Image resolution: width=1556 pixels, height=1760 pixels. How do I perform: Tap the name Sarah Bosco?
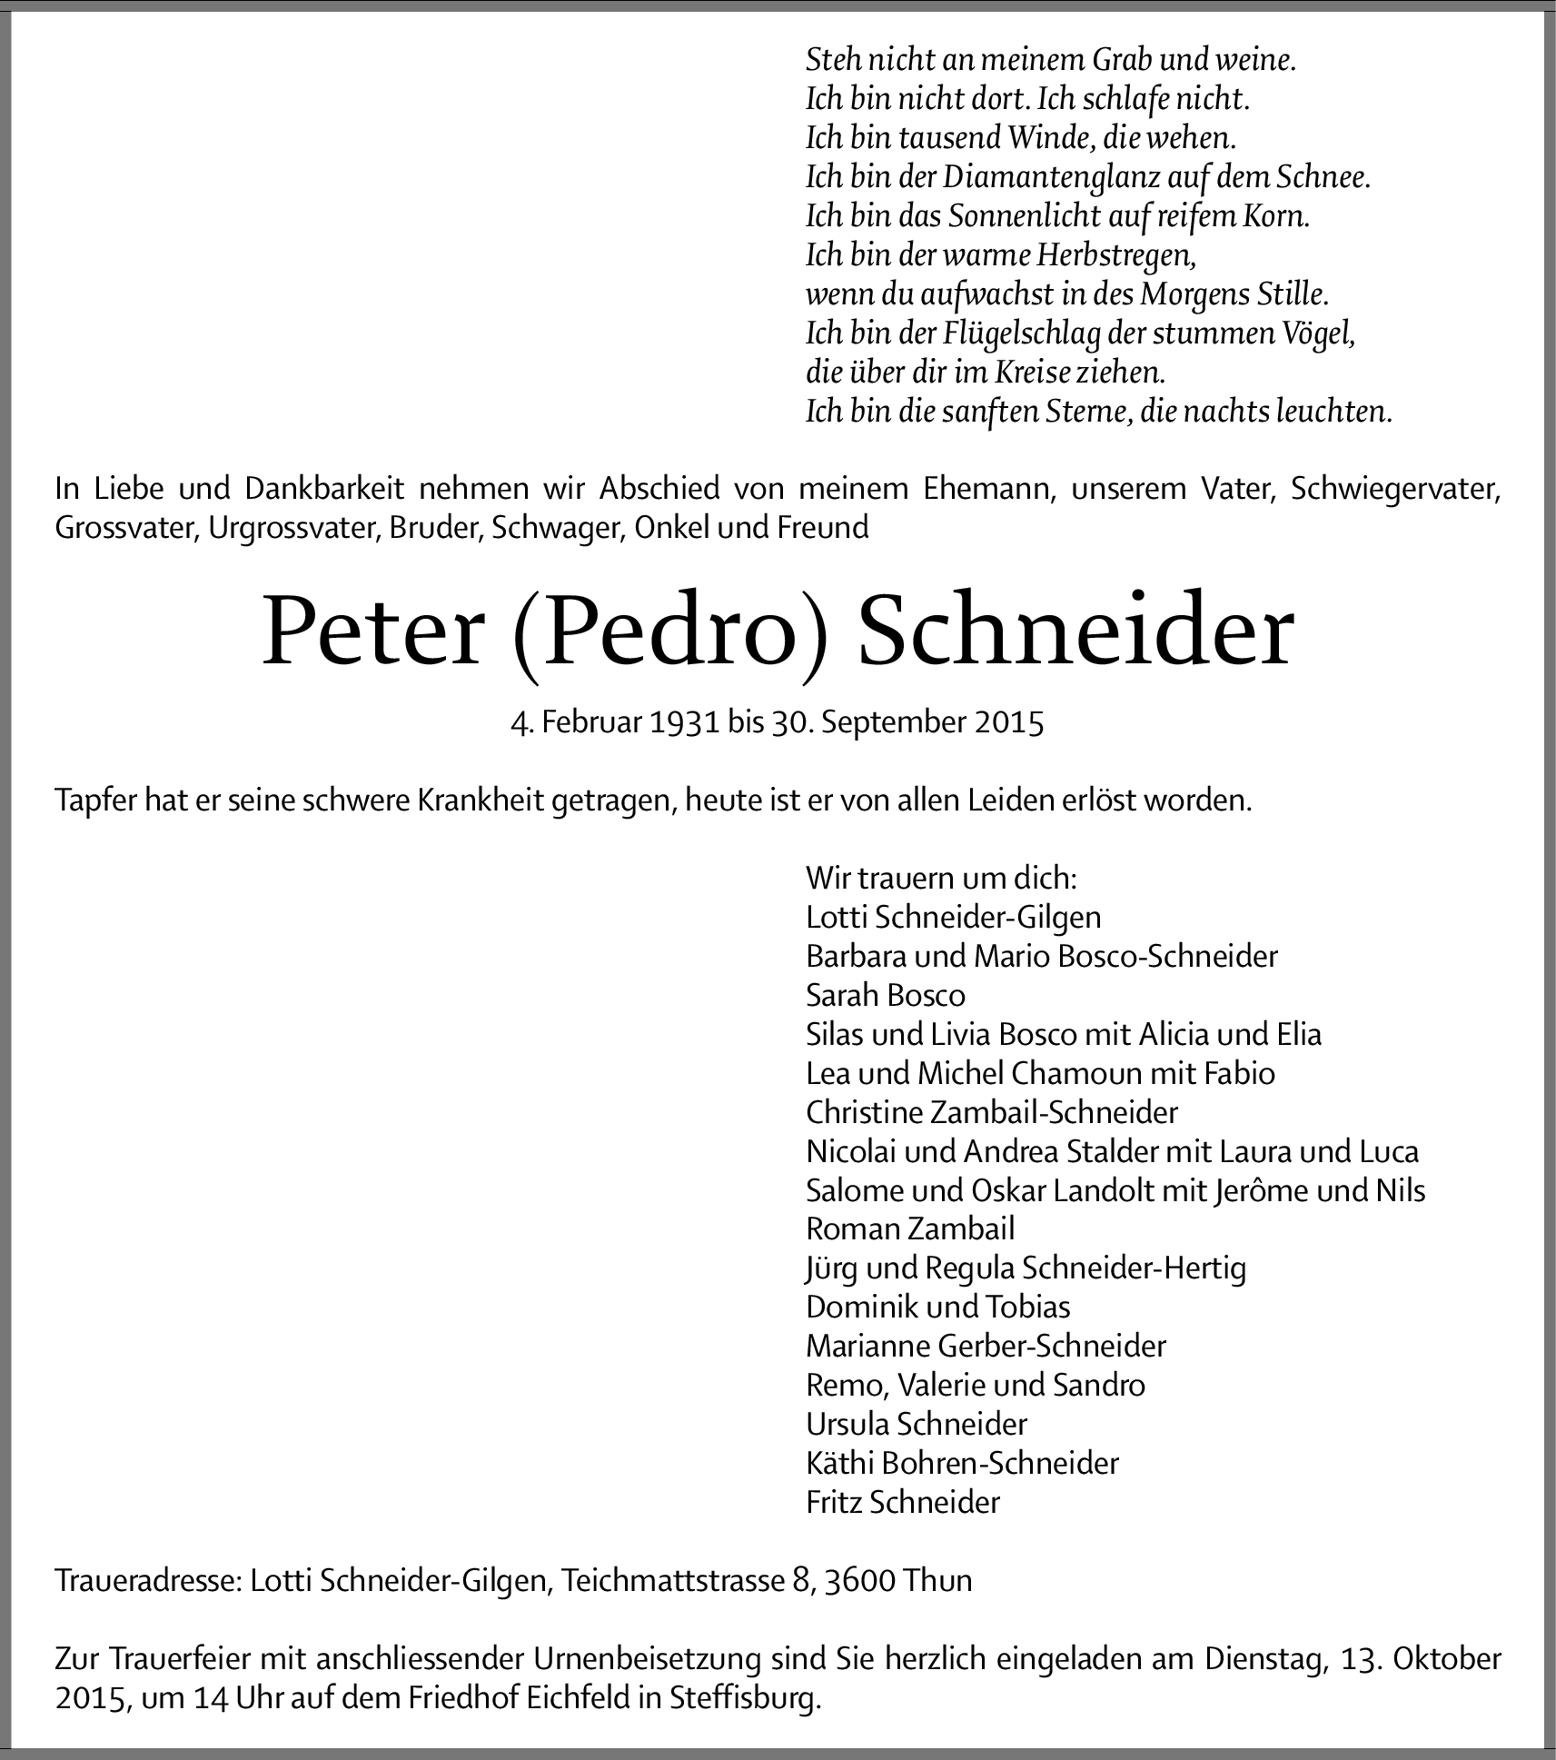[x=885, y=995]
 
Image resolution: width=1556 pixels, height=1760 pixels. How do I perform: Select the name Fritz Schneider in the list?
[x=902, y=1502]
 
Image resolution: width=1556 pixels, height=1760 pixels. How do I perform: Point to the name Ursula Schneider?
[x=917, y=1423]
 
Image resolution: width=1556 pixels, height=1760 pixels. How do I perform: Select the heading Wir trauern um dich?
[x=941, y=878]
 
